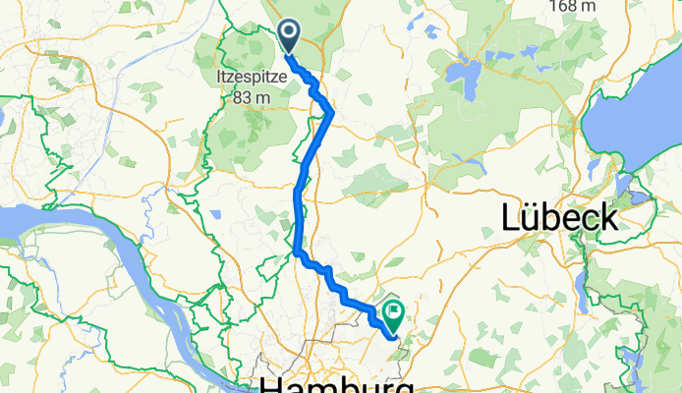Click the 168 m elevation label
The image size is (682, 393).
[573, 6]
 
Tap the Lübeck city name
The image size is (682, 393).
[559, 216]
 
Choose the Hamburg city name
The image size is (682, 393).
[334, 383]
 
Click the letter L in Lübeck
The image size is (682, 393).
[511, 216]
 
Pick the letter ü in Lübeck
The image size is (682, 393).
[534, 216]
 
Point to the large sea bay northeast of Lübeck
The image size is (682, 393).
[639, 108]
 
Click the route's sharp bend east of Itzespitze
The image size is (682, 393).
[331, 113]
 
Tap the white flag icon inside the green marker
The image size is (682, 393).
[395, 311]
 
